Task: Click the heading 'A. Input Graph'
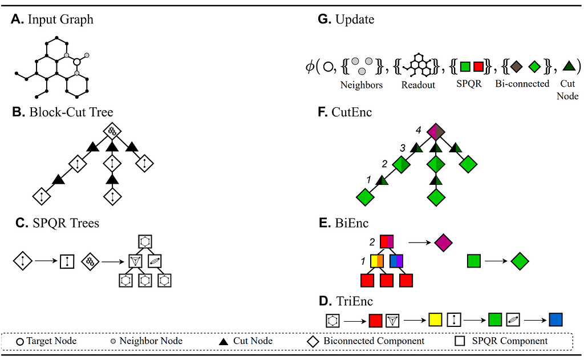pyautogui.click(x=52, y=19)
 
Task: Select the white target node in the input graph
pyautogui.click(x=77, y=62)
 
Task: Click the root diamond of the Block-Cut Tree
pyautogui.click(x=112, y=131)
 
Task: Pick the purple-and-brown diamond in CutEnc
pyautogui.click(x=436, y=132)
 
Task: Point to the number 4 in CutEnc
pyautogui.click(x=419, y=130)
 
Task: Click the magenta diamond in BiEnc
pyautogui.click(x=443, y=242)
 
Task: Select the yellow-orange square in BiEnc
pyautogui.click(x=377, y=261)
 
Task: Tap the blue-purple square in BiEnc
pyautogui.click(x=396, y=261)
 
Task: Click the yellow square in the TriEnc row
pyautogui.click(x=435, y=319)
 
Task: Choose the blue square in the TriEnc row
pyautogui.click(x=555, y=319)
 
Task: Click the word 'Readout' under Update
pyautogui.click(x=418, y=85)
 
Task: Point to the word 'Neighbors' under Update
pyautogui.click(x=361, y=85)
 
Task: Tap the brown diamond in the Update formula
pyautogui.click(x=516, y=67)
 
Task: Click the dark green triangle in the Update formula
pyautogui.click(x=569, y=66)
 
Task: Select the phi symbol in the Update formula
pyautogui.click(x=310, y=67)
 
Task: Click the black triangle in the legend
pyautogui.click(x=223, y=341)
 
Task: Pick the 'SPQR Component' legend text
pyautogui.click(x=509, y=341)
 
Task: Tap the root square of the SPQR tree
pyautogui.click(x=145, y=241)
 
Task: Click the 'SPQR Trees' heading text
pyautogui.click(x=66, y=223)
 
